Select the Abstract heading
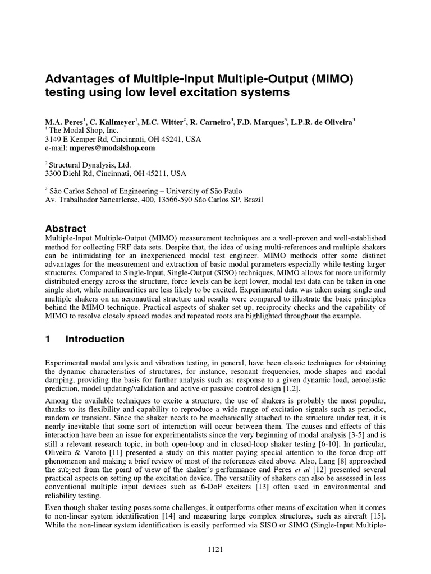(x=66, y=229)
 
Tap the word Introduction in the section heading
(x=95, y=339)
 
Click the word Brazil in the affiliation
(x=251, y=200)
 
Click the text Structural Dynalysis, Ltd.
(x=90, y=165)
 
